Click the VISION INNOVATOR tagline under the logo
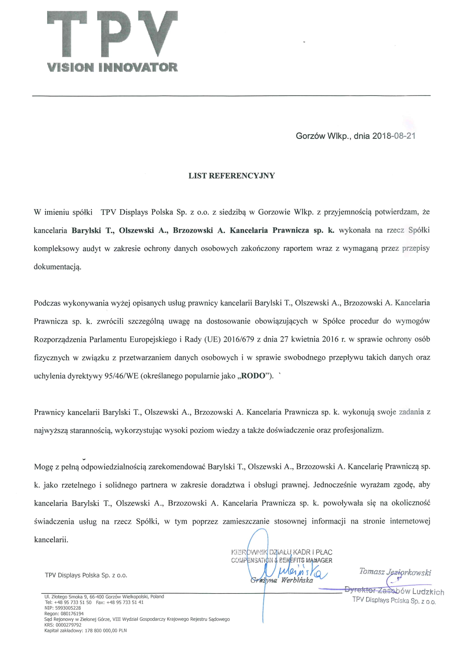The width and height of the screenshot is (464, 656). tap(112, 67)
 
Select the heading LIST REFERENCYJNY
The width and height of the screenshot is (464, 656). tap(232, 176)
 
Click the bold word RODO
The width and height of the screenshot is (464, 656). tap(253, 376)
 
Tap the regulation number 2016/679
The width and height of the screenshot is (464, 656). tap(239, 340)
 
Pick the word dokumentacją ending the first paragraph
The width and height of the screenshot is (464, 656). tap(58, 267)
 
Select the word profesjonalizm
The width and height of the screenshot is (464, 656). tap(358, 430)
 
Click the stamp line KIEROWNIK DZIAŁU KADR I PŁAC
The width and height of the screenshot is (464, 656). tap(282, 552)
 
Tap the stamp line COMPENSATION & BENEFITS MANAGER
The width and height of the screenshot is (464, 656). tap(282, 560)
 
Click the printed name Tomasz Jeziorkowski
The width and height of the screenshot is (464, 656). tap(395, 572)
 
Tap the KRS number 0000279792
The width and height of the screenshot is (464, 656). tap(68, 625)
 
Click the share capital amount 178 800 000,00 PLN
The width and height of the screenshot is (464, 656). tap(106, 630)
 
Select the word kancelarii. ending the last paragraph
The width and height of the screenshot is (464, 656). tap(51, 540)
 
